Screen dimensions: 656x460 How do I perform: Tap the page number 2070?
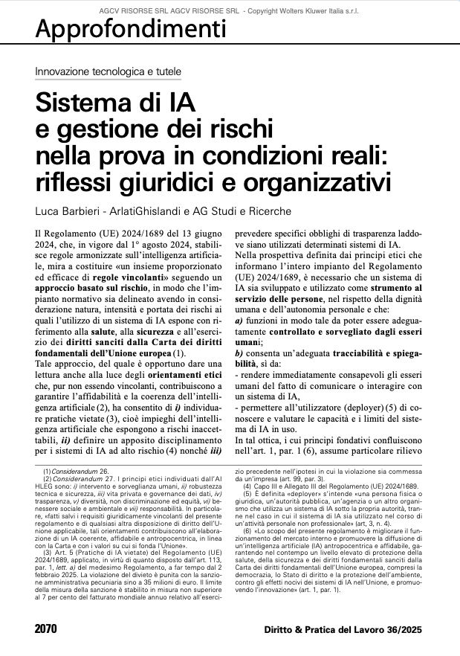click(45, 629)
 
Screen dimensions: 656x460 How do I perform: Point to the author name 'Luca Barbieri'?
click(68, 210)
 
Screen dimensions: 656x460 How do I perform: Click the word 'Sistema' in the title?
click(80, 101)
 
